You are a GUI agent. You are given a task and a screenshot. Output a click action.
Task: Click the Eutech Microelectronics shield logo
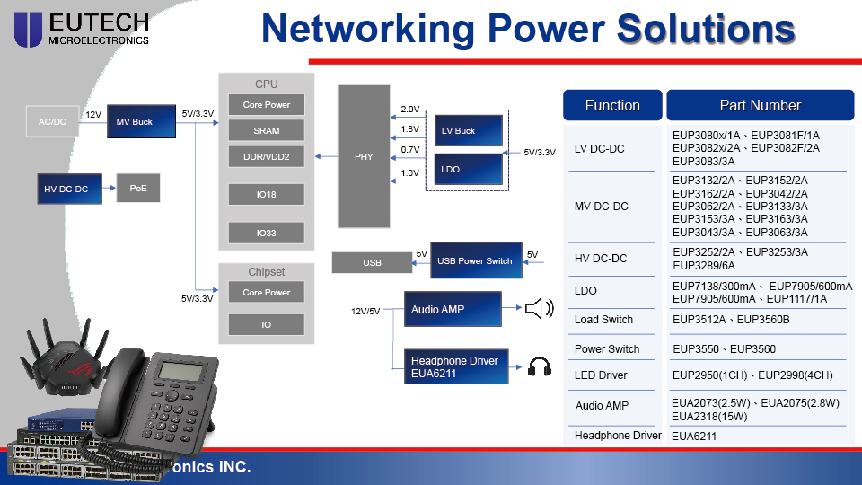28,29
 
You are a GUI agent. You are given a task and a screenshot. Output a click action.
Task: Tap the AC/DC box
52,121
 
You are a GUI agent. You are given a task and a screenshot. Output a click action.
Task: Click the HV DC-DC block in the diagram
66,189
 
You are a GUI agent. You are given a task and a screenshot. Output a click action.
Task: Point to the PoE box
137,189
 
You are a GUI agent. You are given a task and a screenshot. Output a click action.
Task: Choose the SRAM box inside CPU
267,130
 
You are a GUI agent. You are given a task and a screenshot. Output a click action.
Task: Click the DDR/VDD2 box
267,156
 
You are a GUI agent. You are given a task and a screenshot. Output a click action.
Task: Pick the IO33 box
267,234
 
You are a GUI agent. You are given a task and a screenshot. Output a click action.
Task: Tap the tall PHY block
364,156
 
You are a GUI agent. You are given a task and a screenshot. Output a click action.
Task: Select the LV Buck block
470,131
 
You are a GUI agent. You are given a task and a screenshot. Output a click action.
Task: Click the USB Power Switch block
475,261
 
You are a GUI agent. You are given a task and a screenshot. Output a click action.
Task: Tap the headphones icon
539,366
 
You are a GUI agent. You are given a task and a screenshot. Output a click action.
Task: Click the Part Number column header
760,105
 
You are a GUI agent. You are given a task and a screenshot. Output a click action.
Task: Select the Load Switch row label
603,320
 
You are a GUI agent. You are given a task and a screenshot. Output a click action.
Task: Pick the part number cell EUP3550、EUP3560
724,348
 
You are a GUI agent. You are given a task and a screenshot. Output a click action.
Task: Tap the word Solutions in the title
706,29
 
